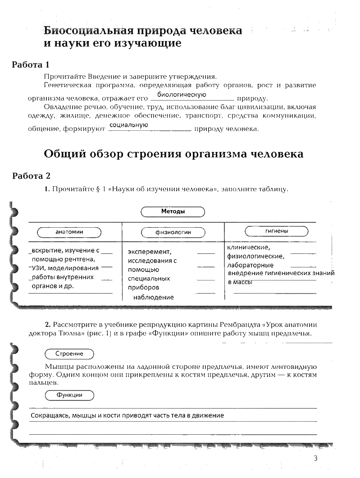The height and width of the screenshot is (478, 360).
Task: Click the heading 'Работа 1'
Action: click(33, 64)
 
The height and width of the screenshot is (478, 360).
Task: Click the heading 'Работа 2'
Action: click(34, 175)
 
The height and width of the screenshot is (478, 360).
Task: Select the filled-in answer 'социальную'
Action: click(129, 125)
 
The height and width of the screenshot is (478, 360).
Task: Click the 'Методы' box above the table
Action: click(173, 211)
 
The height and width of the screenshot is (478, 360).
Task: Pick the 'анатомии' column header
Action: click(69, 232)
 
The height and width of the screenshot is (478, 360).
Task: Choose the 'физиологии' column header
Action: click(173, 232)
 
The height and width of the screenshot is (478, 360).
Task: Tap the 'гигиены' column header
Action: click(277, 231)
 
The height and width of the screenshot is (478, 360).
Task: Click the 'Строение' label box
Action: click(69, 354)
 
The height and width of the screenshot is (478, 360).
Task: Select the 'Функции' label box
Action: click(69, 395)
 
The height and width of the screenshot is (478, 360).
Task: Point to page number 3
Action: click(315, 459)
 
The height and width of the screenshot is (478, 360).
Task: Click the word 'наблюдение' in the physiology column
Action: click(153, 297)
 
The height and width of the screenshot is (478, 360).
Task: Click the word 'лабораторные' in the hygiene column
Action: click(250, 265)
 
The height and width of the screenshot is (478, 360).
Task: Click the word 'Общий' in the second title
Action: click(61, 154)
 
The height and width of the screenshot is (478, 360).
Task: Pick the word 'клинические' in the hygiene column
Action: click(248, 247)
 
